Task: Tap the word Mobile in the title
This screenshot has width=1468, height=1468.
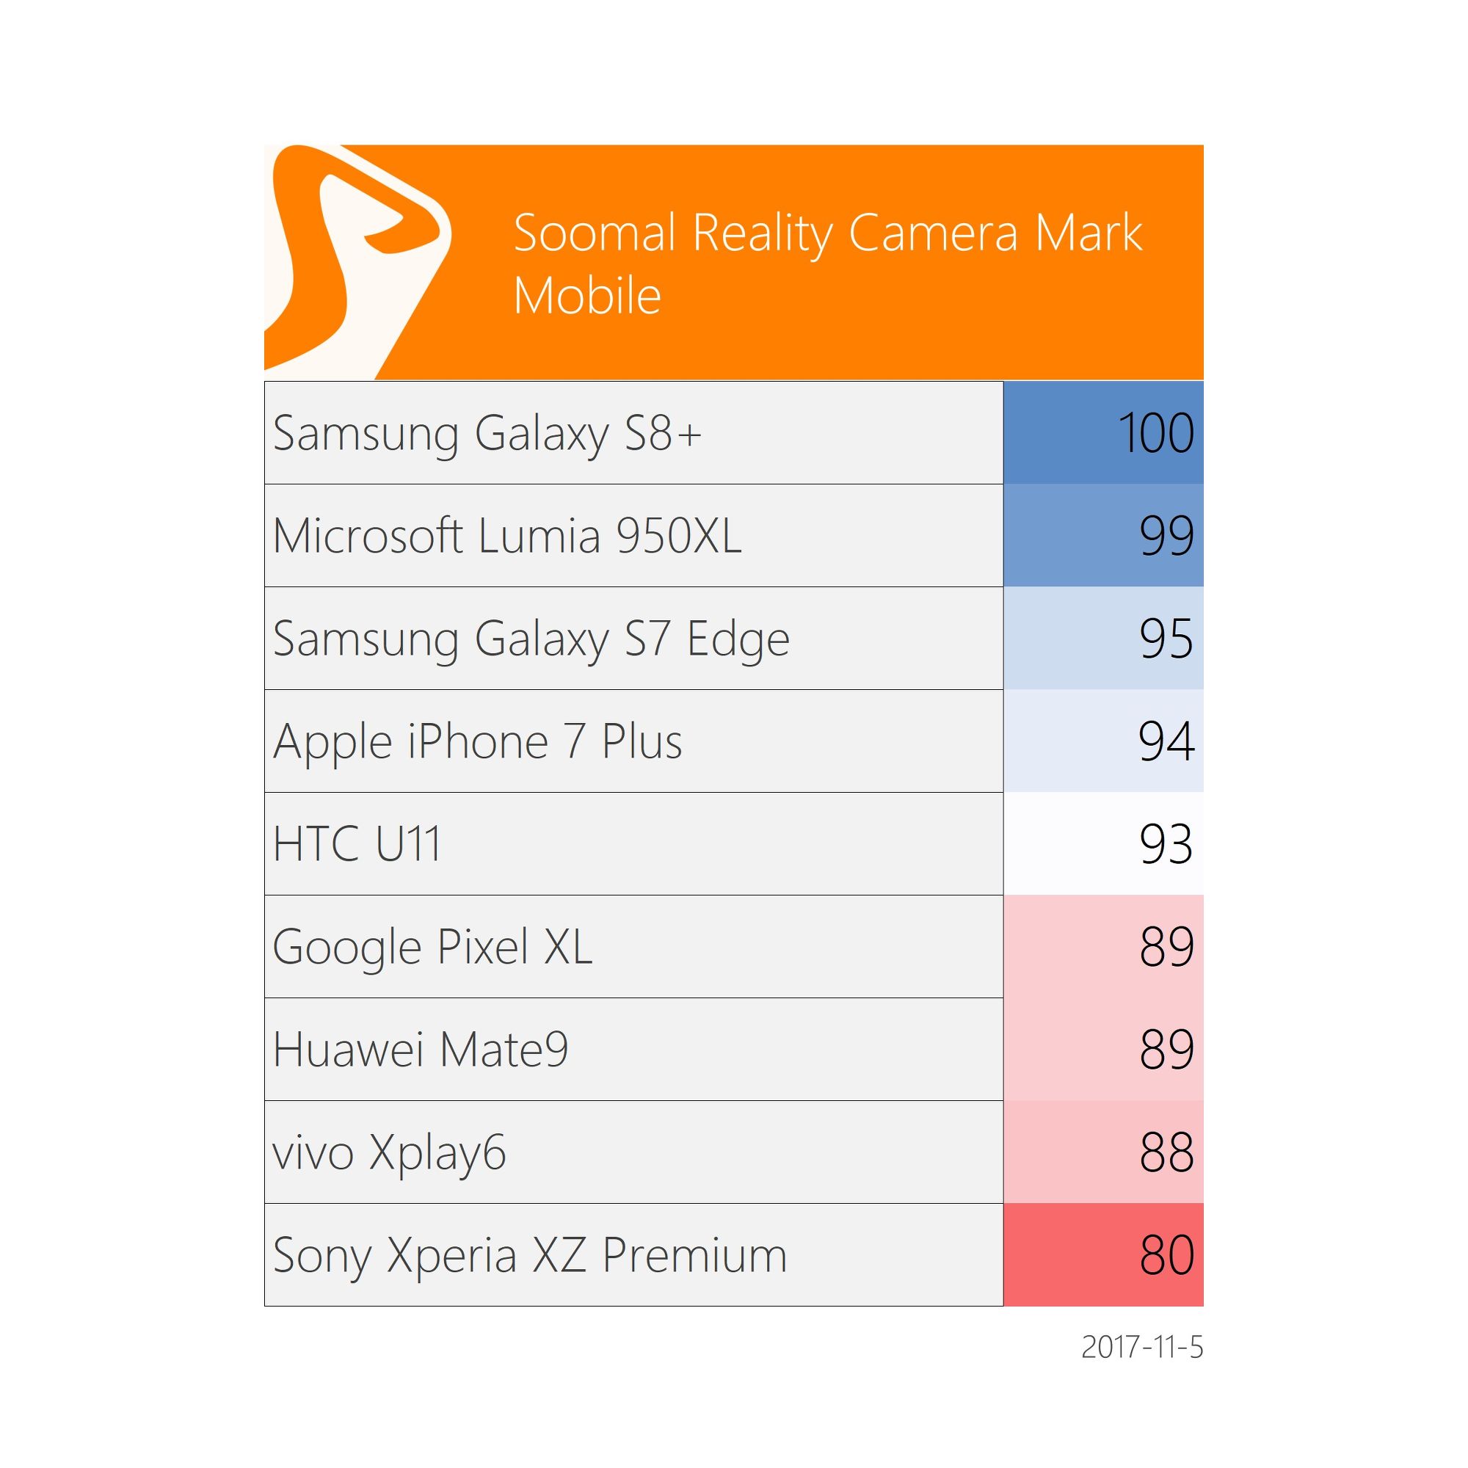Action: (586, 296)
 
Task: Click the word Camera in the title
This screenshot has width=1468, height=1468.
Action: (932, 233)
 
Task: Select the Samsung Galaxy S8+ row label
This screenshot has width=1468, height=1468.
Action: (487, 434)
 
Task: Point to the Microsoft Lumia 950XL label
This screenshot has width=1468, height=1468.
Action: (506, 537)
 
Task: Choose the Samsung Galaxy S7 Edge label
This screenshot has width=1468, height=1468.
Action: (531, 639)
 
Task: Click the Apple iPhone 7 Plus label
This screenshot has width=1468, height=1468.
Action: (477, 741)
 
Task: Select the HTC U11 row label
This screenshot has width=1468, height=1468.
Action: (357, 844)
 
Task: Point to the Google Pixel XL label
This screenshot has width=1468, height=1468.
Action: (432, 948)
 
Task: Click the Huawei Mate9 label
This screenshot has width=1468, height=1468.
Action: (420, 1050)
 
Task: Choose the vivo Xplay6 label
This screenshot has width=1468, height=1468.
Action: (389, 1152)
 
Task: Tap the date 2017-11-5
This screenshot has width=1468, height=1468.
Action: (1141, 1348)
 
